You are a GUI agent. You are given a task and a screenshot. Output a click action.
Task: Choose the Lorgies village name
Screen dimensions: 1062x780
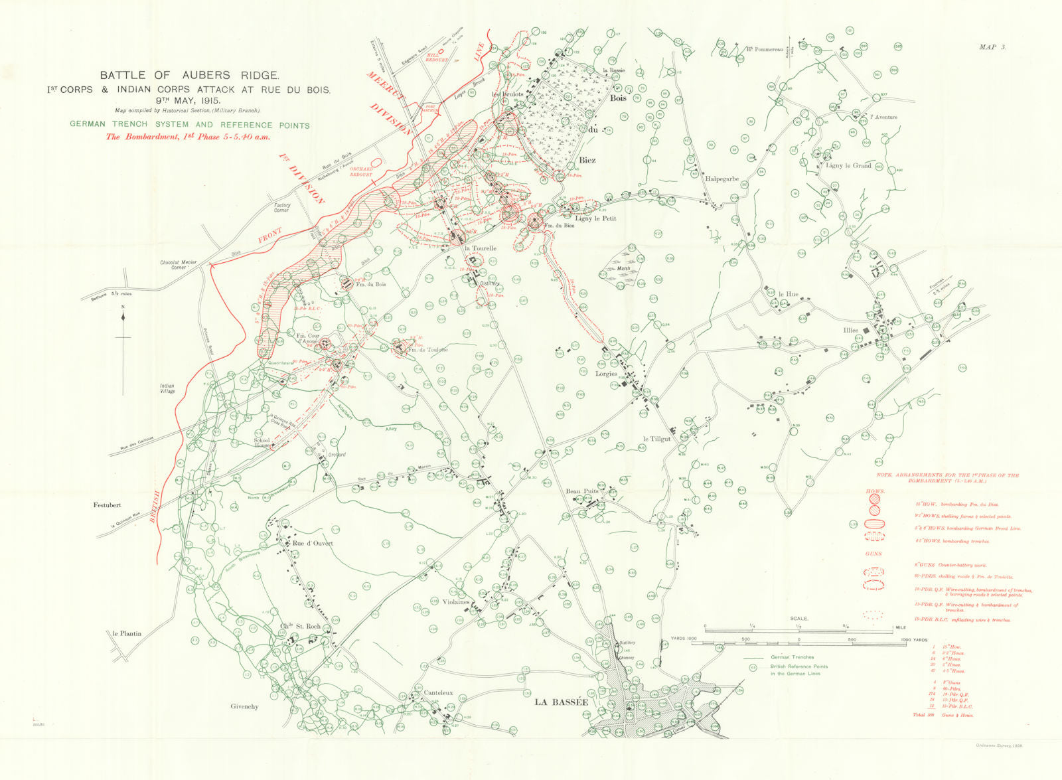606,374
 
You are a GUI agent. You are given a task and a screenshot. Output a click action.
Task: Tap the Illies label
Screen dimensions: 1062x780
850,330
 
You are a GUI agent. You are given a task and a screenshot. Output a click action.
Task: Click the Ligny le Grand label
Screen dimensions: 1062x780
848,165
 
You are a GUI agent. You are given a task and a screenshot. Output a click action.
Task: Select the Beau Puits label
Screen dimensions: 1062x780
581,491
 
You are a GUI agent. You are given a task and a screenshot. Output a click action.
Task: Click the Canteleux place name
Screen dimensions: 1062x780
438,693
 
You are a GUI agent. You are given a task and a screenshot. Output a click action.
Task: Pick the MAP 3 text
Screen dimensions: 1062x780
992,47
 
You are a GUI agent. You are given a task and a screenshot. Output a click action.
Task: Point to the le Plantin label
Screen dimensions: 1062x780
127,633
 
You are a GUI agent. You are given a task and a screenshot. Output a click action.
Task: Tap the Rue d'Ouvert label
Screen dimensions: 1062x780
313,543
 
